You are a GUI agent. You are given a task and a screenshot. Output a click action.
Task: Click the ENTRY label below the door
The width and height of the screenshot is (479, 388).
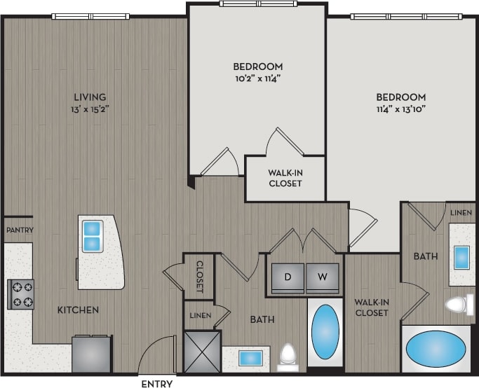156,383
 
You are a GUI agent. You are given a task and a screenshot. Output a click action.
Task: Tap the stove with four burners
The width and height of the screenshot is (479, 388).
20,294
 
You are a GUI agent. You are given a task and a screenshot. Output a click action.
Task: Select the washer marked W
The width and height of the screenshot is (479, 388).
322,276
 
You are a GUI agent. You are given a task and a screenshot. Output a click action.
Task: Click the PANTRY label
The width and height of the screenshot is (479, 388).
20,230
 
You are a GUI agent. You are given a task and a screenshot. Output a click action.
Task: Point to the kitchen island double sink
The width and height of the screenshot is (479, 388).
93,236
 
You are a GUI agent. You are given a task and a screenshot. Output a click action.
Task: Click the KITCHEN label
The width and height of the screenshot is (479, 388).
78,310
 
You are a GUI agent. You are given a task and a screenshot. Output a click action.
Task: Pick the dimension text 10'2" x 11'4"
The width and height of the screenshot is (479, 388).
258,78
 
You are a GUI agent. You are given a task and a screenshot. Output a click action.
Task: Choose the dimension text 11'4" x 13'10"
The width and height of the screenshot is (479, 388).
400,109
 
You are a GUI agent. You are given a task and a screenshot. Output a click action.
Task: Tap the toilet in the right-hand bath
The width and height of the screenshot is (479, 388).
460,304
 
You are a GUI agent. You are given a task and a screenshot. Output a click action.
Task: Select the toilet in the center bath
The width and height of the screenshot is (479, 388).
288,356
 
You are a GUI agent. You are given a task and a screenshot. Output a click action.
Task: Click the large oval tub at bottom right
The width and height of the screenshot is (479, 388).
436,347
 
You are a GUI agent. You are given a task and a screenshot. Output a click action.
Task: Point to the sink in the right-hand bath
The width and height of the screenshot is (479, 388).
461,257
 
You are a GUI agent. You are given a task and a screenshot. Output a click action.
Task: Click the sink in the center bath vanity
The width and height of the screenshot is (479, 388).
250,358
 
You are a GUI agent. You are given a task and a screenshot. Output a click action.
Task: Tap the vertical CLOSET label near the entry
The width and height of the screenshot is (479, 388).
199,276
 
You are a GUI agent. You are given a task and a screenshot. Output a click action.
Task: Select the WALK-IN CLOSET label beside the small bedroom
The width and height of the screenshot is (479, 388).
285,178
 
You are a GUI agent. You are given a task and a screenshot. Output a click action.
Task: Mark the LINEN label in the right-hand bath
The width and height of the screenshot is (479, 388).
461,212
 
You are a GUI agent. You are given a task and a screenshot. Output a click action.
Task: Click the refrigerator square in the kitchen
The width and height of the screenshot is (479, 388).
91,354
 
